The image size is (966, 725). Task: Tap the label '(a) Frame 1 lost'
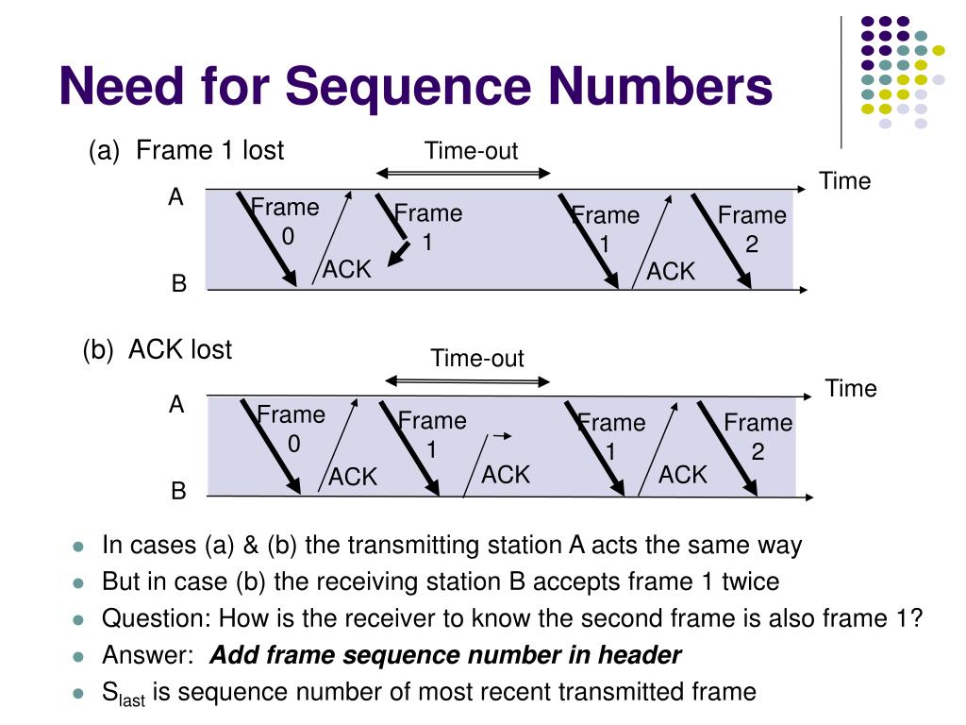coord(186,150)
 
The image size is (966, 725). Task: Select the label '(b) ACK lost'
coord(157,349)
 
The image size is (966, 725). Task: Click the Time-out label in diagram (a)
coord(471,150)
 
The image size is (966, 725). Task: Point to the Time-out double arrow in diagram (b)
coord(467,381)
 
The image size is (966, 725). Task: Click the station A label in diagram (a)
coord(175,197)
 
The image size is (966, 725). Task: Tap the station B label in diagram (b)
coord(178,492)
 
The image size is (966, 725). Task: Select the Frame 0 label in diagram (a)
coord(286,222)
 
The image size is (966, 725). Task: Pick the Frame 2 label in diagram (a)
coord(752,229)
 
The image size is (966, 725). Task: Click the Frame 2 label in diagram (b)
coord(758,437)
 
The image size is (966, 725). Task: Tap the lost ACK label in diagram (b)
coord(506,475)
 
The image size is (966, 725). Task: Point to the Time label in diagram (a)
coord(844,181)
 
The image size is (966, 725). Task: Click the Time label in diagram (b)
coord(850,388)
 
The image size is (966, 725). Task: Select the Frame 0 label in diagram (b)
coord(291,429)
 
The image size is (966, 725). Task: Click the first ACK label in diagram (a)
coord(347,270)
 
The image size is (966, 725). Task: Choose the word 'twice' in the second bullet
coord(751,582)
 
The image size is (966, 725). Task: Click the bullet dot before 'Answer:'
coord(79,656)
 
